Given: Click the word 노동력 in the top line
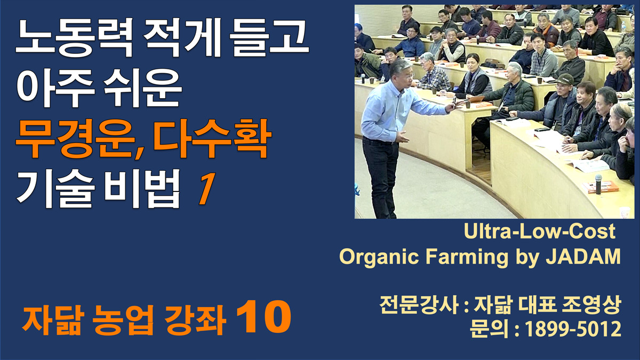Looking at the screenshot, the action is (x=74, y=37).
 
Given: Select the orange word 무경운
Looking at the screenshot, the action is (x=75, y=139).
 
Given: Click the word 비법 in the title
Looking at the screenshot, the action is (x=142, y=189).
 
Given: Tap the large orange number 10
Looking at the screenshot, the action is (x=263, y=318).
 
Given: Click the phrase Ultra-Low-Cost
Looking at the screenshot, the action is (x=539, y=231).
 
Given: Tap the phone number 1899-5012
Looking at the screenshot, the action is (x=573, y=329).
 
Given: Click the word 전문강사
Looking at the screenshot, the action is (x=419, y=305).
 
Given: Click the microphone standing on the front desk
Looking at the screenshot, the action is (x=598, y=184).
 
